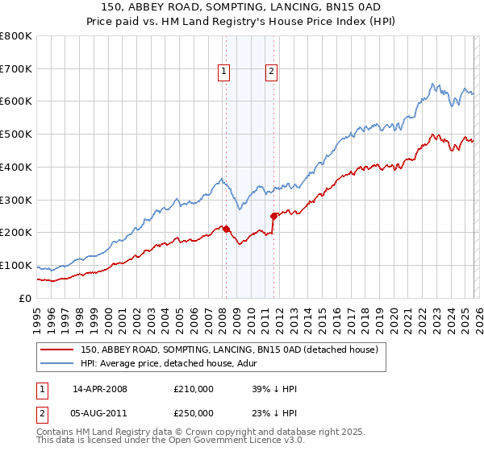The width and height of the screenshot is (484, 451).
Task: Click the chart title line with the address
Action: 242,6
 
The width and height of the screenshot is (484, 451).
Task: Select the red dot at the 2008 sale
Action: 226,229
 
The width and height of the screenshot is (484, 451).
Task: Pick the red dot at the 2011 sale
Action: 273,216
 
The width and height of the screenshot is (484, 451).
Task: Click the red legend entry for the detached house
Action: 234,350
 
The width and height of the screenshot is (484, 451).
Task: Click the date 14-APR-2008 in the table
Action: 100,389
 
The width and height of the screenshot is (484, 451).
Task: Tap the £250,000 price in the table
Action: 194,412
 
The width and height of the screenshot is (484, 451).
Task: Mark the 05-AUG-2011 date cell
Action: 100,412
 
